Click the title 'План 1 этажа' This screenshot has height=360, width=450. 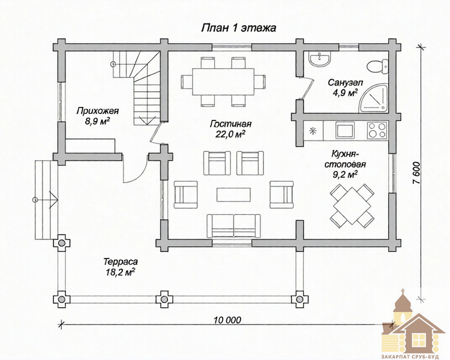coord(238,28)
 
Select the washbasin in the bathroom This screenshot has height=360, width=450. coord(319,59)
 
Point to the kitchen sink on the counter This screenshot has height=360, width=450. coord(345,130)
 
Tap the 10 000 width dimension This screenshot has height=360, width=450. coord(227,320)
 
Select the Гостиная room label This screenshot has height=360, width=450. coord(231,124)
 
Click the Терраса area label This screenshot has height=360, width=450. coord(121,262)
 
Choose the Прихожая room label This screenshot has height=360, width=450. coord(98,111)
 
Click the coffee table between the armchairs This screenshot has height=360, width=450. coord(233,194)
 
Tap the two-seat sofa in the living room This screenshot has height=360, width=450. coord(233,226)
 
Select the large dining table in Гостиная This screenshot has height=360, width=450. coord(223,82)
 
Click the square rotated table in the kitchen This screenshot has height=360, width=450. coord(352,206)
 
